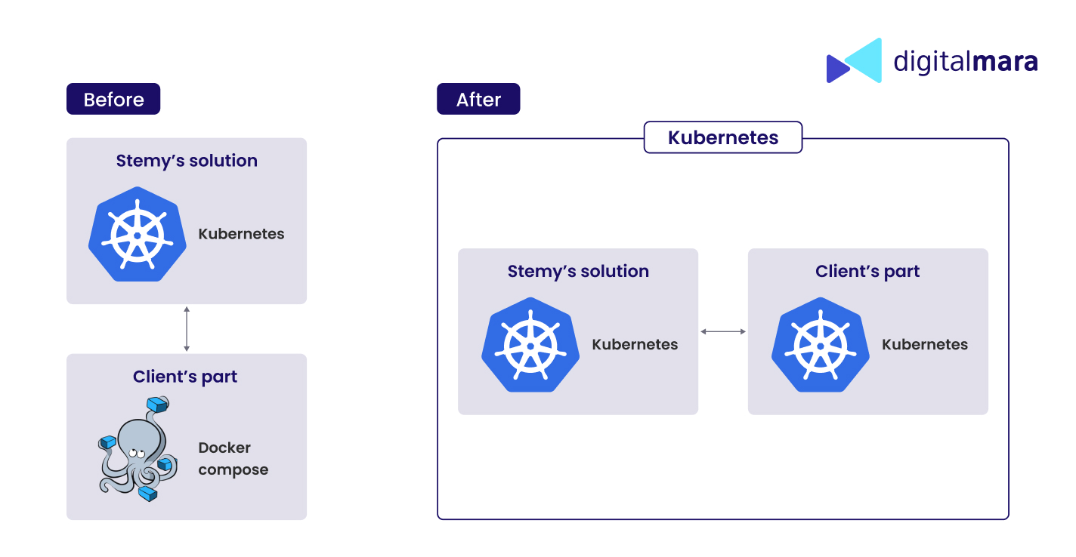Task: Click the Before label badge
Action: (x=113, y=99)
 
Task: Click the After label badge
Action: (x=478, y=99)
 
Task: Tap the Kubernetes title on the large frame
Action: (x=723, y=137)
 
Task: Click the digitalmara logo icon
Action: (x=854, y=60)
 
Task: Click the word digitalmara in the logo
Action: (x=966, y=61)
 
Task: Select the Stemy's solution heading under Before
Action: (x=187, y=161)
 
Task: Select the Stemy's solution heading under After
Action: (x=578, y=271)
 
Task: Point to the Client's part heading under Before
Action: (x=185, y=377)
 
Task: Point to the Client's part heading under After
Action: (x=867, y=271)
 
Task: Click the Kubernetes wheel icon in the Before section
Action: (x=137, y=234)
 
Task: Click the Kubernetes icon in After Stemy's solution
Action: (x=530, y=345)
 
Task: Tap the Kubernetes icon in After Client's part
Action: (x=820, y=345)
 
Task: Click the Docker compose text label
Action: (x=233, y=459)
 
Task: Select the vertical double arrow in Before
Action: (x=187, y=329)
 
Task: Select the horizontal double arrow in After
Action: (x=723, y=331)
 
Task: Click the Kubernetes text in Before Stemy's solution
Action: (x=241, y=234)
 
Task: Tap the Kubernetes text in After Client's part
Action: (x=925, y=345)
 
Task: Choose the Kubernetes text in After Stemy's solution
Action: (x=635, y=345)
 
